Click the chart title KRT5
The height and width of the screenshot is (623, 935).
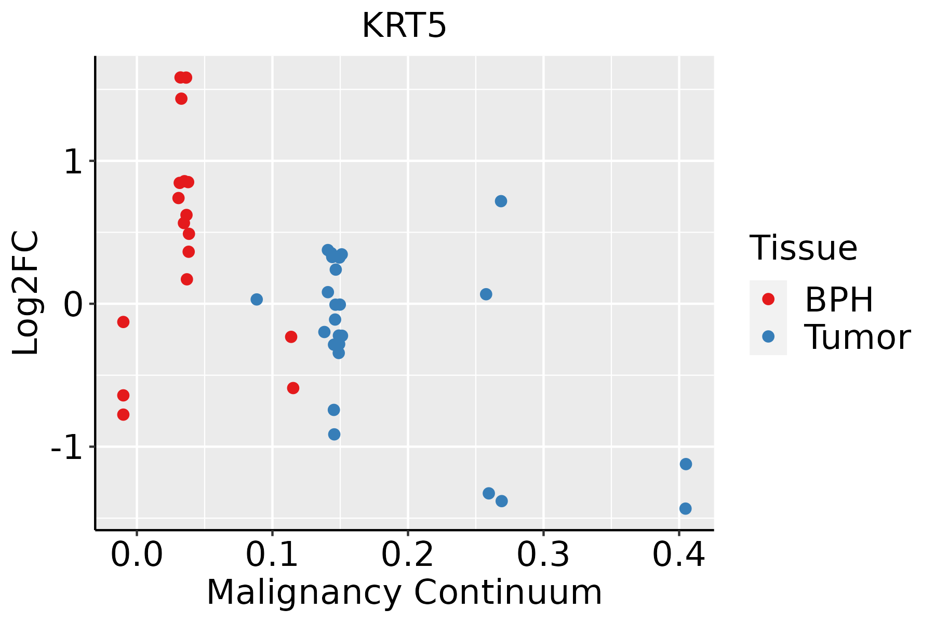click(404, 26)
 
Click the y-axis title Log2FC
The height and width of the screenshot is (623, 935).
click(26, 293)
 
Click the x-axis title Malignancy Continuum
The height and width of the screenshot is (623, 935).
click(404, 592)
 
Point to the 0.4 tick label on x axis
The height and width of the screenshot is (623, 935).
click(678, 555)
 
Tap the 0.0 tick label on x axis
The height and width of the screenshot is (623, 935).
click(137, 555)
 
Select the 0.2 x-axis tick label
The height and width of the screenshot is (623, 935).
click(408, 555)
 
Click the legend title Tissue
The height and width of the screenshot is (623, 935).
click(803, 248)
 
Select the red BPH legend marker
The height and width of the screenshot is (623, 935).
click(768, 299)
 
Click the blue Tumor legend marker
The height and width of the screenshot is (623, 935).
click(768, 336)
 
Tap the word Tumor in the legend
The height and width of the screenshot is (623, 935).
click(857, 337)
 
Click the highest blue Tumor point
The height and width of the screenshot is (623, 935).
click(501, 201)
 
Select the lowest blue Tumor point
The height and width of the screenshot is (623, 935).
click(685, 508)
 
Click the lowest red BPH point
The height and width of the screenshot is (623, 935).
click(123, 414)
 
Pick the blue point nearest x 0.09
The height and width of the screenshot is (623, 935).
click(257, 300)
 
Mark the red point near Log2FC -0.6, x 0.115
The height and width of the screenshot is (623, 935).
click(293, 388)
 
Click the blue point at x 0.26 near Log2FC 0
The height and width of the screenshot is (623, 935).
click(486, 294)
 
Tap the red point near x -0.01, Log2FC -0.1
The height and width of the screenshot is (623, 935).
click(123, 322)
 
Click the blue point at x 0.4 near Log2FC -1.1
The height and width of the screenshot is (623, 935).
click(686, 464)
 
